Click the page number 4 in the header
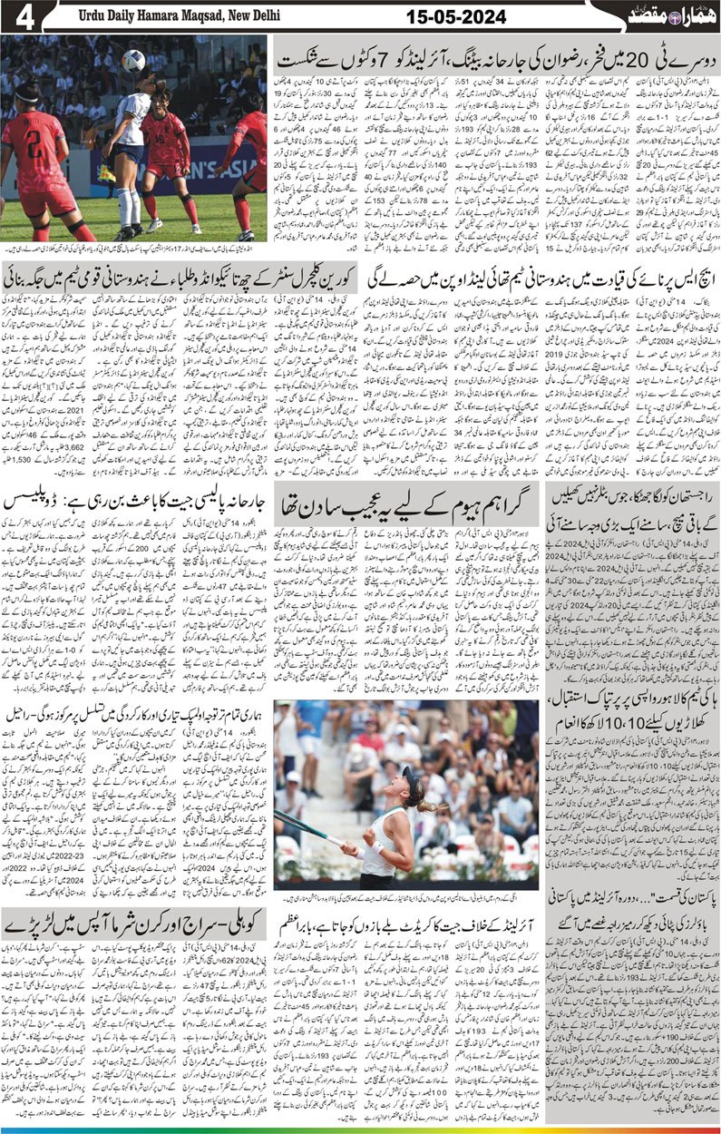23,16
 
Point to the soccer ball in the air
133,61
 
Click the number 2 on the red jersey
34,142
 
